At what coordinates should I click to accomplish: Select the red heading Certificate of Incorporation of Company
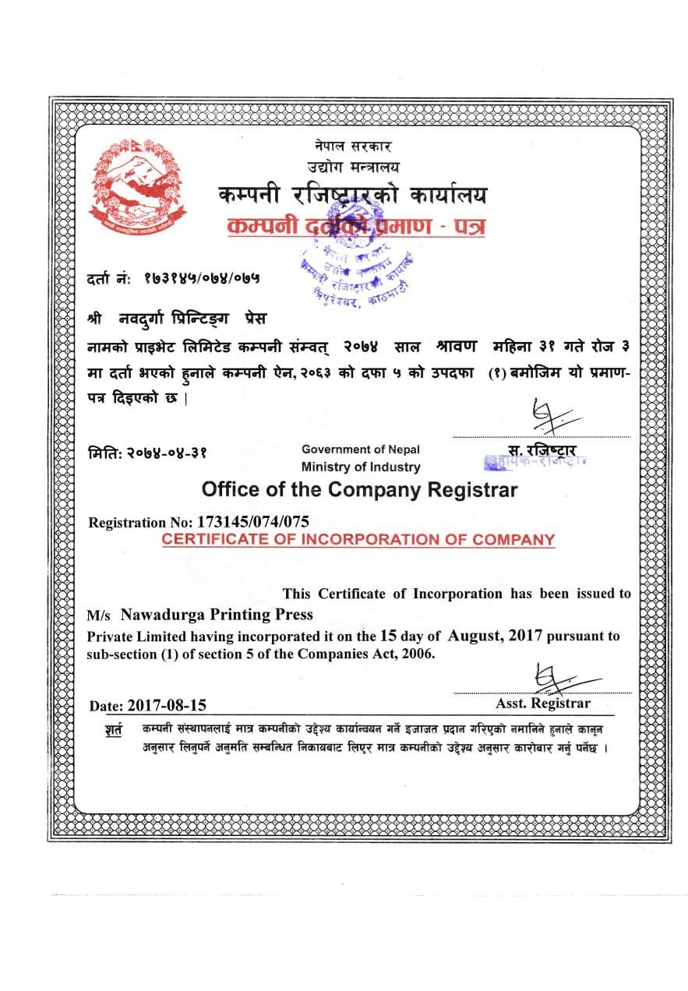tap(358, 539)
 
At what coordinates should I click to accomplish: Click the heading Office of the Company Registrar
tap(359, 490)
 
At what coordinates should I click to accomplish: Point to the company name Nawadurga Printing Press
tap(217, 615)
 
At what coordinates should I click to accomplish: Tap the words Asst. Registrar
tap(543, 703)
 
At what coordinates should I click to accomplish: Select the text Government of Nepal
tap(361, 449)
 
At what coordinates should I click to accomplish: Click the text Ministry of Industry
tap(361, 467)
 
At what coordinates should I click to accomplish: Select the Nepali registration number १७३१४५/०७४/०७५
tap(202, 277)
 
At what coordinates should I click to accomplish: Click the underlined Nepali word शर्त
tap(113, 732)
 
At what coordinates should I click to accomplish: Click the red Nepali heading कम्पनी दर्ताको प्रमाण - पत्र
tap(355, 227)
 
